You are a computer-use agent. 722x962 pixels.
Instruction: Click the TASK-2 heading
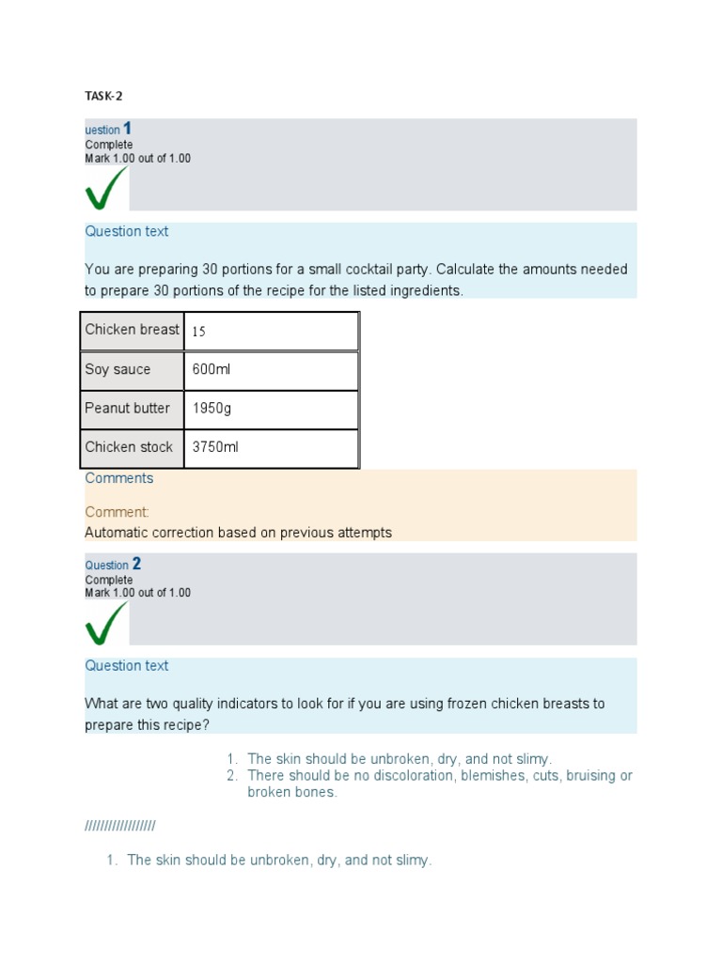point(103,96)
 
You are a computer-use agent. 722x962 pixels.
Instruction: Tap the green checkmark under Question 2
point(105,623)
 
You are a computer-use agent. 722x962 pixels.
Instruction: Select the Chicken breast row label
point(132,330)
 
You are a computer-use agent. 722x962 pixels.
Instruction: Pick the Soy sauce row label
point(118,369)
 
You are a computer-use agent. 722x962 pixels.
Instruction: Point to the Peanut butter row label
point(127,408)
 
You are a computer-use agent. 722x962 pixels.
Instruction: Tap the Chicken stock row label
point(129,447)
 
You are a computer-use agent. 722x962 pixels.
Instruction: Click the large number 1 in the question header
point(128,129)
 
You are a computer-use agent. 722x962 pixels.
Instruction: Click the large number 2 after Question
point(136,564)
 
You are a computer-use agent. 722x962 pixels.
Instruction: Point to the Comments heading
point(118,478)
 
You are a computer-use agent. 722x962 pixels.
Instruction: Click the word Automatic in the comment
point(114,533)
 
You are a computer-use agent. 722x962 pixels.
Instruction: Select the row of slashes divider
point(120,826)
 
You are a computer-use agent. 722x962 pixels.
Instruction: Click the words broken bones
point(290,792)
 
